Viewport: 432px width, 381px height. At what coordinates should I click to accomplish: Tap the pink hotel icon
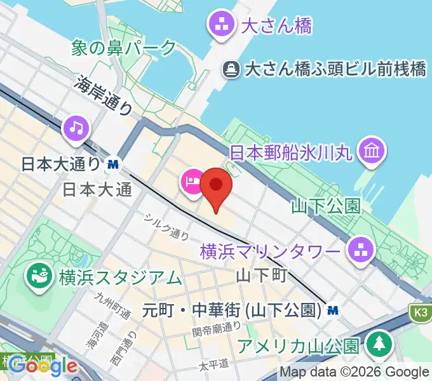point(192,181)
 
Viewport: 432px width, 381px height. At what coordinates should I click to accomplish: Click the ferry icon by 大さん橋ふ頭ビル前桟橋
point(231,69)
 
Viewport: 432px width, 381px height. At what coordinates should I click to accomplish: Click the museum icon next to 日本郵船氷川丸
point(370,152)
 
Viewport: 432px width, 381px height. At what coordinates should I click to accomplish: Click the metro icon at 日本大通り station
point(114,164)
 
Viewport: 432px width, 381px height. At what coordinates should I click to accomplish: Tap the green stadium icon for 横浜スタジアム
point(37,276)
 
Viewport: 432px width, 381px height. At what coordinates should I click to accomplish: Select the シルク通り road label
point(167,225)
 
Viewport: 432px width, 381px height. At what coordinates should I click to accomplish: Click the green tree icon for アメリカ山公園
point(380,344)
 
